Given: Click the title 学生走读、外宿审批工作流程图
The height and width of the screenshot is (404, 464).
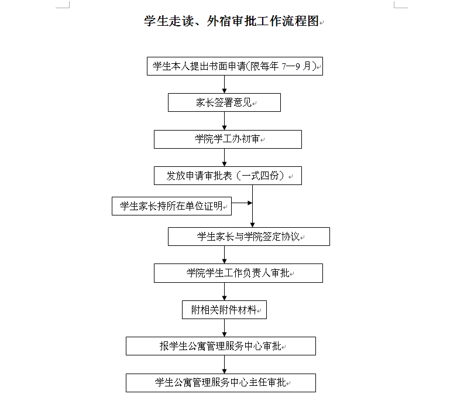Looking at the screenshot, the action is click(231, 21).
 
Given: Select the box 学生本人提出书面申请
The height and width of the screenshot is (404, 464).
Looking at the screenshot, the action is click(235, 66).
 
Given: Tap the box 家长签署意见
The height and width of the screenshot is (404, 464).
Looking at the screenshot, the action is click(224, 102).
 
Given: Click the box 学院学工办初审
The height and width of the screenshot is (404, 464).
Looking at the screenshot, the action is click(228, 139).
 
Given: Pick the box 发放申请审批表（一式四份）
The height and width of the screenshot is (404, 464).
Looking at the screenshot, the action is click(228, 176).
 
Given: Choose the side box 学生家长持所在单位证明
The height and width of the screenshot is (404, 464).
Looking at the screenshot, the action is click(171, 206).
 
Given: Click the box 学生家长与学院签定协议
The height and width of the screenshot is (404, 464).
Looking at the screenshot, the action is click(249, 237).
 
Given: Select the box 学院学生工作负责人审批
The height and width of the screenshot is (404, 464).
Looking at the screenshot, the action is click(238, 273).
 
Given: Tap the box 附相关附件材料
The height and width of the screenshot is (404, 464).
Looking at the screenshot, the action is click(224, 310).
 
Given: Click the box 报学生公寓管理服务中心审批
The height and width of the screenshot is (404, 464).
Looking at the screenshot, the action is click(221, 346).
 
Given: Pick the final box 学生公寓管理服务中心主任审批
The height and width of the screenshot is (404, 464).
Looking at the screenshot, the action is click(221, 383).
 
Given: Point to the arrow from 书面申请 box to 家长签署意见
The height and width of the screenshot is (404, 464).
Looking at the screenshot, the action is click(224, 84).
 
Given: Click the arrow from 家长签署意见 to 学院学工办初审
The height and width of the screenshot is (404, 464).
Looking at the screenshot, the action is click(224, 121).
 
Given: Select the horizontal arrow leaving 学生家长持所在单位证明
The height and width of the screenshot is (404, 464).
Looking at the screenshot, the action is click(242, 203).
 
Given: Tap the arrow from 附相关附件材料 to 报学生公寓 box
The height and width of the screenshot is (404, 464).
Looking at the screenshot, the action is click(224, 328).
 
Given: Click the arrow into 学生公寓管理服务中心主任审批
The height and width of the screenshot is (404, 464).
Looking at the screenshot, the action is click(224, 364).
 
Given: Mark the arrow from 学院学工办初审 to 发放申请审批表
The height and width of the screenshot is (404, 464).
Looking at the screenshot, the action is click(224, 158).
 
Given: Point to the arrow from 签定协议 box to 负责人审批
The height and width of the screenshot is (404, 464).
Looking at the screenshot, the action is click(224, 255).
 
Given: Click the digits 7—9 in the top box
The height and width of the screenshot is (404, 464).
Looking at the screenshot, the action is click(291, 67).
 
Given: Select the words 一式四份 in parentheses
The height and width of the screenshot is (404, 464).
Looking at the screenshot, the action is click(260, 176).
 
